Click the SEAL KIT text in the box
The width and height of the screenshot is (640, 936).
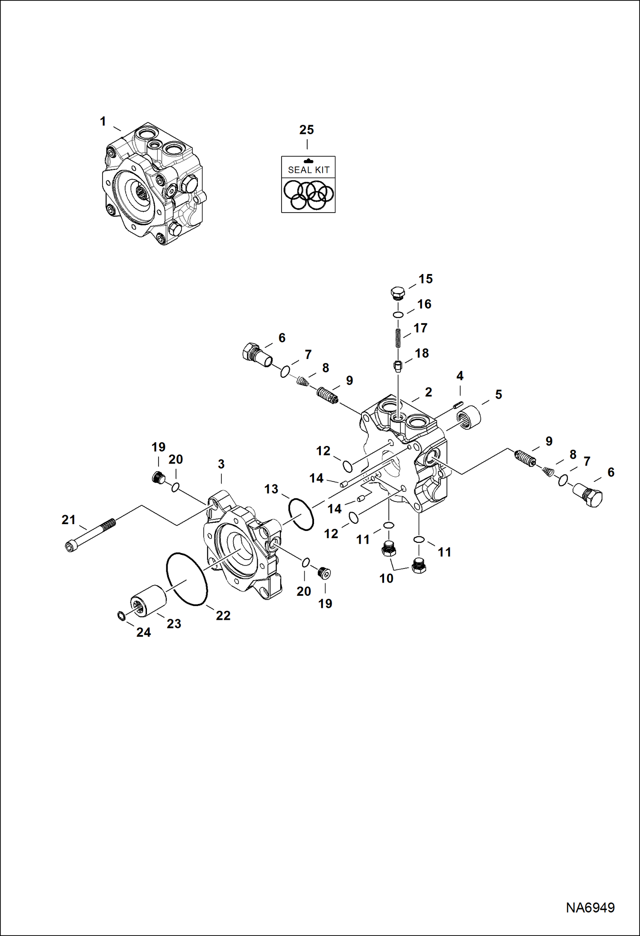[x=308, y=170]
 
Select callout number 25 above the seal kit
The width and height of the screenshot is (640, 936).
[x=306, y=130]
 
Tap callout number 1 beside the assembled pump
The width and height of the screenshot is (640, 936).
[x=103, y=122]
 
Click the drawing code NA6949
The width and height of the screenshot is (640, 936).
[x=590, y=907]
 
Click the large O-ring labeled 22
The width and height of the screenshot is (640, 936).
[x=187, y=579]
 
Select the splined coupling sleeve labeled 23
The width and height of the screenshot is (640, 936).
[x=148, y=601]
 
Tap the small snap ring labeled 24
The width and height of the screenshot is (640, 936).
[x=121, y=616]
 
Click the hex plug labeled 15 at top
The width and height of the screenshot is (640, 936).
[x=397, y=293]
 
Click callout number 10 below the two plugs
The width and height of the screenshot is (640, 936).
[x=386, y=578]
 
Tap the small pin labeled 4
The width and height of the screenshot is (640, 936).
[x=458, y=404]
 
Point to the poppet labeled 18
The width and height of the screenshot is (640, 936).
[x=398, y=366]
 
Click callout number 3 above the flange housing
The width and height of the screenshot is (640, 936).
[x=221, y=464]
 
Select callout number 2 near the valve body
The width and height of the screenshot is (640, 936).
[x=428, y=392]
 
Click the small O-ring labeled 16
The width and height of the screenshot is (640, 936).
[x=398, y=315]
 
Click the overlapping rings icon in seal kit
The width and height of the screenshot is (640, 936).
[x=308, y=195]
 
